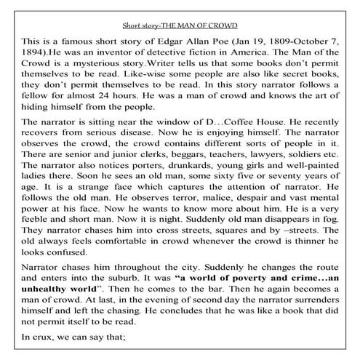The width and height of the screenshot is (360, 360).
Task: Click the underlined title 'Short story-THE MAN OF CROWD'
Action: coord(180,20)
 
